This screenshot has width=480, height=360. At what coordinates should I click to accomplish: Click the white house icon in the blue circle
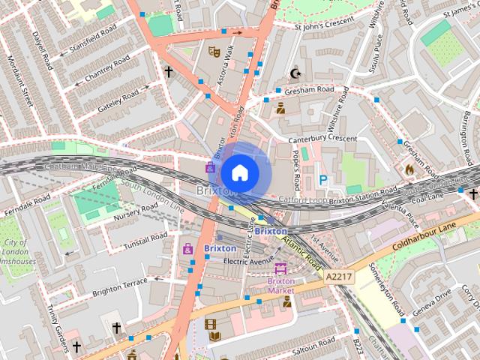pyautogui.click(x=239, y=172)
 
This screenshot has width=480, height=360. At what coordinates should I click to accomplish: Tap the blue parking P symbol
pyautogui.click(x=323, y=180)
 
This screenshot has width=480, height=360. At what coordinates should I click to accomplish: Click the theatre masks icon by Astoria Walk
pyautogui.click(x=214, y=52)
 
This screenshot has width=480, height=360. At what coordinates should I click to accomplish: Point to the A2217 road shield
pyautogui.click(x=338, y=277)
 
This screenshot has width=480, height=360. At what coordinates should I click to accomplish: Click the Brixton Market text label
pyautogui.click(x=280, y=286)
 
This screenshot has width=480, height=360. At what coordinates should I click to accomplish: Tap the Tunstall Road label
pyautogui.click(x=145, y=241)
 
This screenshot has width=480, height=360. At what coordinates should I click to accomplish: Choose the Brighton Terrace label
pyautogui.click(x=119, y=289)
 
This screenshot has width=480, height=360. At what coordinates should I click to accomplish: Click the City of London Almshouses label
pyautogui.click(x=16, y=252)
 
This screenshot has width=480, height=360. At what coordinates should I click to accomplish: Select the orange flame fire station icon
pyautogui.click(x=409, y=169)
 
